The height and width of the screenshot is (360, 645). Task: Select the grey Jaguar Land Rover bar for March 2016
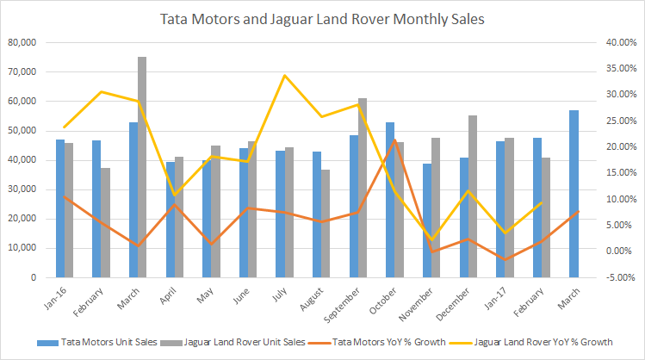[x=141, y=167]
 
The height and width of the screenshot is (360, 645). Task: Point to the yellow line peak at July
[x=285, y=76]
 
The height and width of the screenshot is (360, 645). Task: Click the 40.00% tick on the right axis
[x=619, y=42]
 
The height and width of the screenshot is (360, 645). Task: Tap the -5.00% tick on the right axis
[x=619, y=277]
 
